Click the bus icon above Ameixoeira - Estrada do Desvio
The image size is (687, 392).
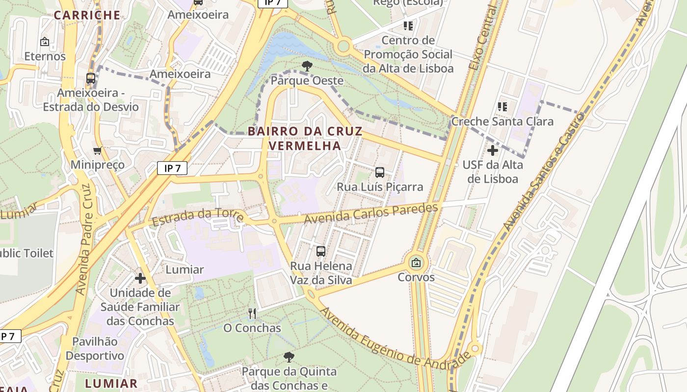coord(91,78)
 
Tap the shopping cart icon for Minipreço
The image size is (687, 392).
coord(98,150)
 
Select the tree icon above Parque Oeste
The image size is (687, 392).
coord(307,66)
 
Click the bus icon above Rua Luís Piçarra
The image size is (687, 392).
coord(380,172)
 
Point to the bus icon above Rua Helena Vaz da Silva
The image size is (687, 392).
coord(321,251)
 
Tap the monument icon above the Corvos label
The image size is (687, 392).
coord(416,263)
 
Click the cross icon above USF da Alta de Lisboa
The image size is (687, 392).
coord(493,150)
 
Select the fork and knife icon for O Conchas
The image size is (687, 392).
coord(252,313)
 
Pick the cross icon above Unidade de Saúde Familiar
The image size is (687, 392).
coord(140,278)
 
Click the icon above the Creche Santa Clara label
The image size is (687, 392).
coord(502,106)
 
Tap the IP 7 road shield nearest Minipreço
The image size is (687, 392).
coord(172,169)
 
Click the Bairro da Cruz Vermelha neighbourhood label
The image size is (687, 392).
coord(305,138)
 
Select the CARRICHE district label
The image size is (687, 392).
coord(87,15)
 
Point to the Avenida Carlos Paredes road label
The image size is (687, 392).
coord(370,214)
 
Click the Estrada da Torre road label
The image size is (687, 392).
coord(198,217)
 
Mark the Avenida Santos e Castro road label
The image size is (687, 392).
coord(544,171)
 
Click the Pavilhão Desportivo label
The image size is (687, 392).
coord(95,348)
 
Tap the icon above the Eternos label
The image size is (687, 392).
coord(45,42)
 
